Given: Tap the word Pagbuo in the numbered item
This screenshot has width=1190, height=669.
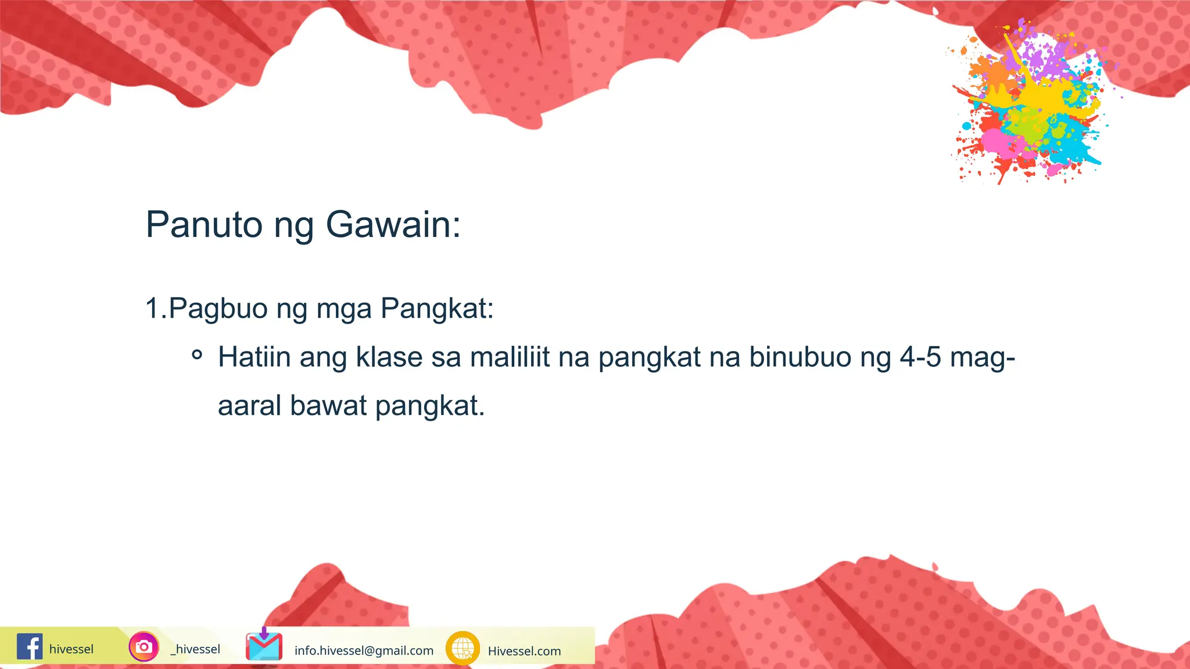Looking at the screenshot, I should click(218, 308).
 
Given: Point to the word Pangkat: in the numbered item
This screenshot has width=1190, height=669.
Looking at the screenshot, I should click(437, 308).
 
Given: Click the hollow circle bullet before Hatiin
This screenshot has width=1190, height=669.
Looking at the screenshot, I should click(197, 354).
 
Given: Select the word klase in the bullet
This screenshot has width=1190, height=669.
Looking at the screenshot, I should click(389, 357).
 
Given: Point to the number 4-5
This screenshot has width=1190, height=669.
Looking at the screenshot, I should click(920, 357).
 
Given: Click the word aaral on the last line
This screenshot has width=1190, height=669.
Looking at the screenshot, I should click(249, 405).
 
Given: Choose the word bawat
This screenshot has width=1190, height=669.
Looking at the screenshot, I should click(328, 405).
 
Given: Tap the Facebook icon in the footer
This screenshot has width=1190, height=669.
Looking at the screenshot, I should click(30, 646).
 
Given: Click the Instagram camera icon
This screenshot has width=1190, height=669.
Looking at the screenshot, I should click(144, 646).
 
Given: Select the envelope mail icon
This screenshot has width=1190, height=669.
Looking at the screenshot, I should click(264, 646).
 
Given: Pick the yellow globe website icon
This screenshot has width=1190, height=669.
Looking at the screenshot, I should click(463, 648).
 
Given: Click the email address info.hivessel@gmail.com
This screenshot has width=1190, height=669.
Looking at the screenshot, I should click(364, 650).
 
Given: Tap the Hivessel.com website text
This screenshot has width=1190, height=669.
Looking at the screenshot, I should click(524, 651).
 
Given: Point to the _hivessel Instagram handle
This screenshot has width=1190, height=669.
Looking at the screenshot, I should click(195, 649).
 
